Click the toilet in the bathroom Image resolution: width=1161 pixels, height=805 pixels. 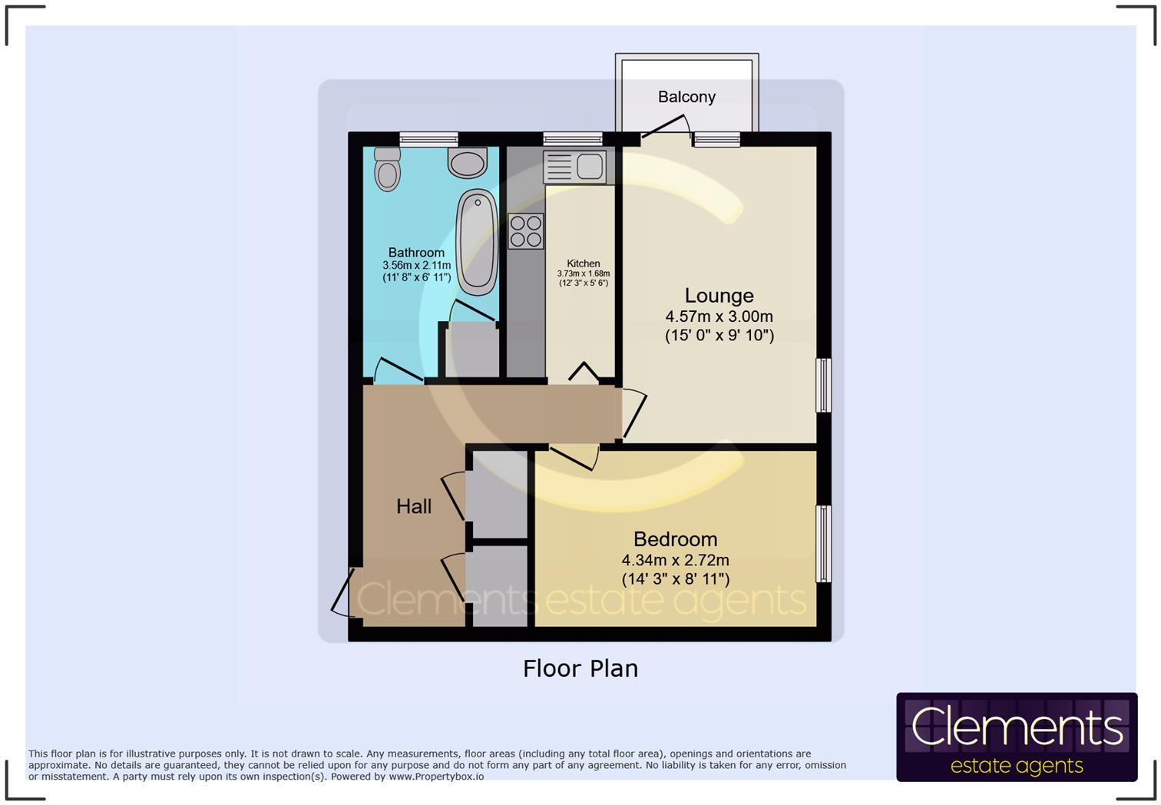coord(388,170)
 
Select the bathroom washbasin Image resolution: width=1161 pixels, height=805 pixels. coord(468,162)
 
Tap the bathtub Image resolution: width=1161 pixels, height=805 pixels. coord(477,241)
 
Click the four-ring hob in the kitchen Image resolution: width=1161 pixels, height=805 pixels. coord(525,231)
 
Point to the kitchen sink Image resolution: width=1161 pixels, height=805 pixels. coord(575,167)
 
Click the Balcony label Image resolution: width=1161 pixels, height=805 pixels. coord(686,97)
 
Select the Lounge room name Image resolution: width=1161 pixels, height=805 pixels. coord(719,296)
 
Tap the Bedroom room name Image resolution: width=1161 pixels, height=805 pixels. coord(675,539)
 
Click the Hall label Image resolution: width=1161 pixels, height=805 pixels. coord(414,506)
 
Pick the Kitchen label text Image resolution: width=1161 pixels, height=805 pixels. coord(584,263)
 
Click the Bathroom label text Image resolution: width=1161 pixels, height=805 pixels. coord(416,253)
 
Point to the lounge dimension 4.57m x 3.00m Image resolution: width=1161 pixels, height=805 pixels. coord(719,316)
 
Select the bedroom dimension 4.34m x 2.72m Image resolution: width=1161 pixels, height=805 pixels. coord(675,560)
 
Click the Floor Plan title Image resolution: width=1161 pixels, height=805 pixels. coord(580,668)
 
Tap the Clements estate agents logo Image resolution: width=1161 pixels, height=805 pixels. coord(1016,737)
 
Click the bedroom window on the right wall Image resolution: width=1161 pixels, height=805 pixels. coord(823,543)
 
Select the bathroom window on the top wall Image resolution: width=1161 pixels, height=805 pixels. coord(428,139)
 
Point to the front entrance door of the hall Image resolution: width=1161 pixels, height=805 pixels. coord(342,592)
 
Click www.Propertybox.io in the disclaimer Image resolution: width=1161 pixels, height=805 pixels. coord(436,777)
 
